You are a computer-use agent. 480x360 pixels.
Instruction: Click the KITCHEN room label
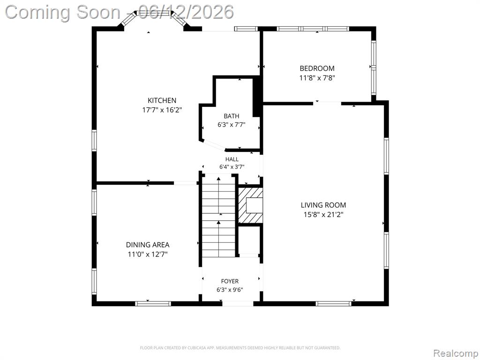click(162, 100)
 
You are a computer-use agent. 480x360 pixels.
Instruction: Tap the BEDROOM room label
click(317, 68)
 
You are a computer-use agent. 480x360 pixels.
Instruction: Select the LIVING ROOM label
click(323, 205)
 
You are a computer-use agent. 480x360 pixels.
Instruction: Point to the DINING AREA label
click(148, 245)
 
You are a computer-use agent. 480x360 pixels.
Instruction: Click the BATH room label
click(232, 116)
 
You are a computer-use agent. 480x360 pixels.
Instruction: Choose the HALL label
click(232, 159)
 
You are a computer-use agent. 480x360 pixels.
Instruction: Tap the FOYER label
click(230, 281)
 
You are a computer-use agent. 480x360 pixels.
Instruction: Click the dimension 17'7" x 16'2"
click(162, 110)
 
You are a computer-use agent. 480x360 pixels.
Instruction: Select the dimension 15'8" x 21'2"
click(323, 215)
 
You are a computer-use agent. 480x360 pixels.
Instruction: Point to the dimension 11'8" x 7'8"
click(317, 78)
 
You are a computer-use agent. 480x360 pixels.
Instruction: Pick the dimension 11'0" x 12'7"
click(148, 254)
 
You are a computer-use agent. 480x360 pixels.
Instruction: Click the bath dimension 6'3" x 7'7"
click(232, 125)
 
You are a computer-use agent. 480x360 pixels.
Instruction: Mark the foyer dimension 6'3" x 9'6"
click(230, 290)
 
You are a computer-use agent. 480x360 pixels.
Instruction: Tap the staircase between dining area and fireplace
click(218, 216)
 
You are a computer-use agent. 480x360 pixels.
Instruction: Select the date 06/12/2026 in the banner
click(186, 12)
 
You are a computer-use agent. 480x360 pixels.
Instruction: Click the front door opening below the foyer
click(238, 304)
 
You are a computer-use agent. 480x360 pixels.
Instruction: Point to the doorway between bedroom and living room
click(327, 103)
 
